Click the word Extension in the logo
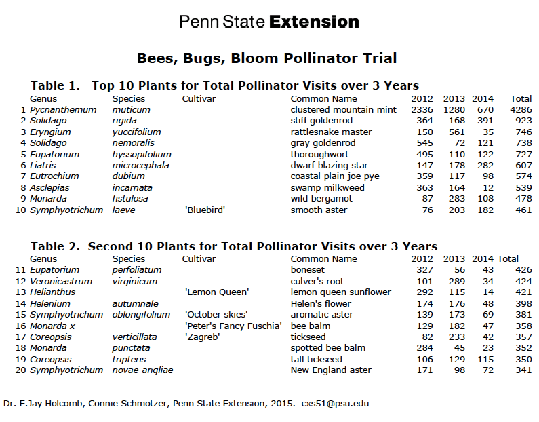pyautogui.click(x=314, y=22)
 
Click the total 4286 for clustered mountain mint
pyautogui.click(x=521, y=109)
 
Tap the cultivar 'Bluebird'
pyautogui.click(x=205, y=210)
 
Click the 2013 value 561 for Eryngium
pyautogui.click(x=454, y=132)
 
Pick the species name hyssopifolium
pyautogui.click(x=142, y=154)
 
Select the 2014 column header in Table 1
pyautogui.click(x=483, y=99)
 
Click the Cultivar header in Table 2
pyautogui.click(x=199, y=258)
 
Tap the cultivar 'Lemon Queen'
pyautogui.click(x=217, y=292)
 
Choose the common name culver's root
pyautogui.click(x=317, y=281)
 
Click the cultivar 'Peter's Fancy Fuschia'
pyautogui.click(x=233, y=326)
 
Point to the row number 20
pyautogui.click(x=19, y=370)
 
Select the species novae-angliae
pyautogui.click(x=142, y=370)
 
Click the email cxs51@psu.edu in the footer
pyautogui.click(x=335, y=403)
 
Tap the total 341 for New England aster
pyautogui.click(x=523, y=370)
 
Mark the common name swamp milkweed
pyautogui.click(x=327, y=188)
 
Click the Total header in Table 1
pyautogui.click(x=521, y=99)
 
